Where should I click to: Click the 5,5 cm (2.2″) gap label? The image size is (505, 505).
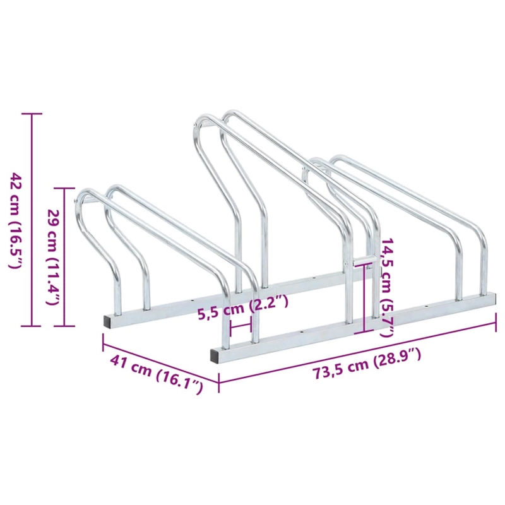pos(242,306)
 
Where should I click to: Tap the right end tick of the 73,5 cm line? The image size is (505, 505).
pos(495,324)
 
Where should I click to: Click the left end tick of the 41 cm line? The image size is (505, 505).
pos(103,342)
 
